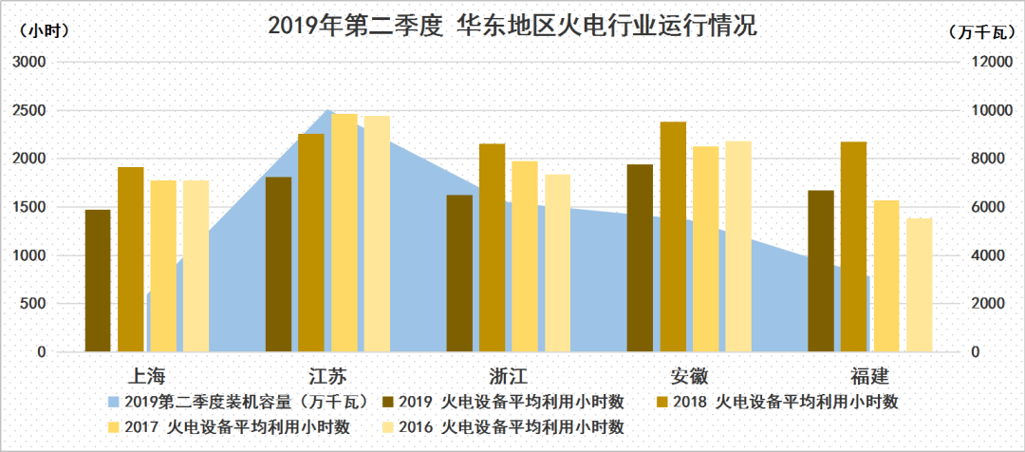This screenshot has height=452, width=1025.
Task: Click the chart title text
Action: tap(512, 26)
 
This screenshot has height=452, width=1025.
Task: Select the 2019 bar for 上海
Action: tap(98, 281)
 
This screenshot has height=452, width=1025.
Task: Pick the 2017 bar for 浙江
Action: tap(525, 256)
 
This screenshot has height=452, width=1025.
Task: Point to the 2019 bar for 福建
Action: tap(821, 272)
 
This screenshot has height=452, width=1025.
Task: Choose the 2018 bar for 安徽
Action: tap(673, 237)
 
